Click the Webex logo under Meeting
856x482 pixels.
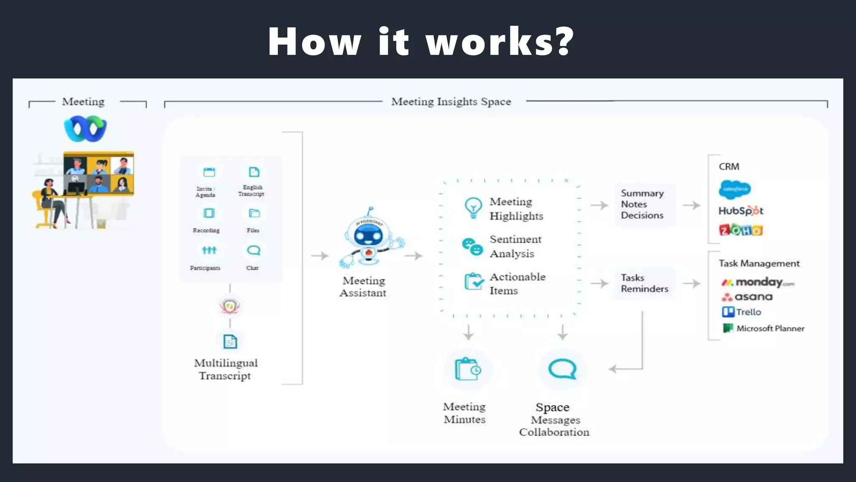[85, 129]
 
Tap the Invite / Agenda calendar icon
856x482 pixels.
[209, 172]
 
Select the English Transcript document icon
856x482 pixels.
[254, 172]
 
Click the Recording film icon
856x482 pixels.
[209, 213]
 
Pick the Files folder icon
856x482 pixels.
[254, 213]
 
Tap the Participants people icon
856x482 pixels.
[209, 250]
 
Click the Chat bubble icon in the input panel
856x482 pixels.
[254, 250]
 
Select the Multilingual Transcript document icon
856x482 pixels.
[230, 341]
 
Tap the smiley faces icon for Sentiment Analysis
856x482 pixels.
[472, 246]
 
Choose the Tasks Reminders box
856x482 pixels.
[644, 284]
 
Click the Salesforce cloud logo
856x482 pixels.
[735, 190]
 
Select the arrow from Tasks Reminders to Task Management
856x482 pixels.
[692, 284]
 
